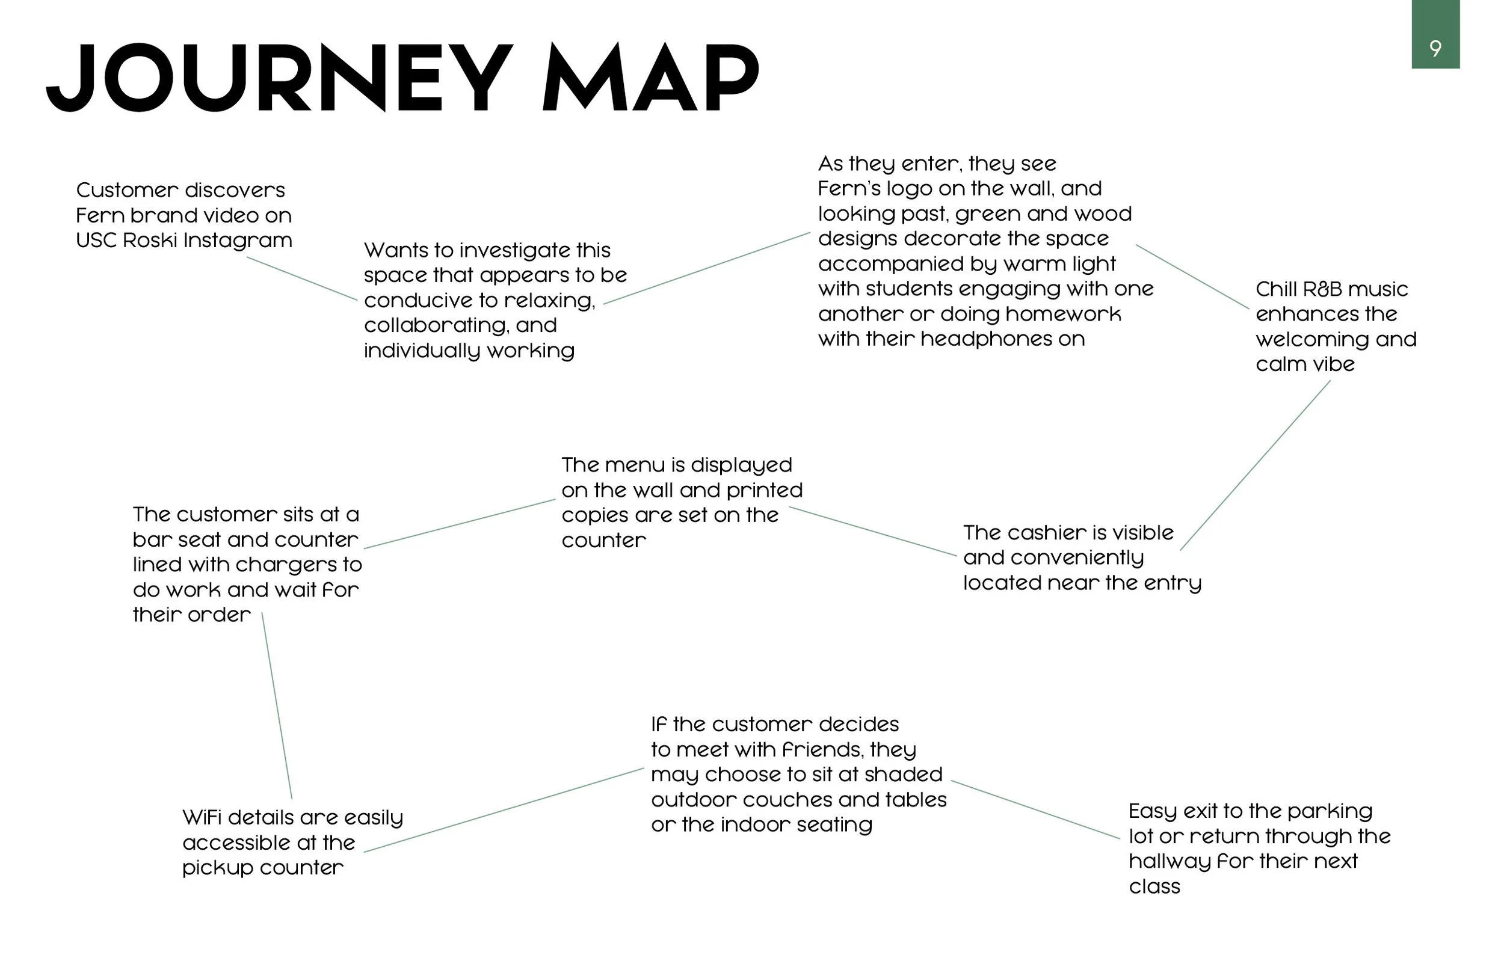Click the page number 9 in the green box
1435,49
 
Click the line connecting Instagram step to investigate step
302,278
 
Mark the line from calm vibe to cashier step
1255,465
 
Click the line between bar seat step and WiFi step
277,705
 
